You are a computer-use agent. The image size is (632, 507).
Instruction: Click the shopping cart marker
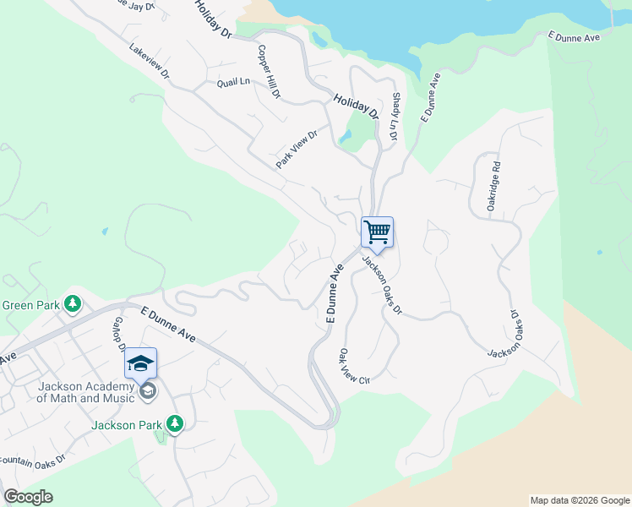click(377, 231)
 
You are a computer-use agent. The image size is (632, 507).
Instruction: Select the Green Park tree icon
click(74, 303)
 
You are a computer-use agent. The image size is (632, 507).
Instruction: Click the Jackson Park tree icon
click(174, 422)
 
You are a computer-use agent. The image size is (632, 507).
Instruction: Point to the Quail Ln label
click(234, 82)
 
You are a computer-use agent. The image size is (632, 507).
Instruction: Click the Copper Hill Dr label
click(269, 72)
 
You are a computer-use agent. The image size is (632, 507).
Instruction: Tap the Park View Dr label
click(296, 149)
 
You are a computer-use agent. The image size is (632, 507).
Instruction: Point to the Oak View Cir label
click(354, 368)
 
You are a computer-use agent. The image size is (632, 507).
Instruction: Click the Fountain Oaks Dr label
click(32, 461)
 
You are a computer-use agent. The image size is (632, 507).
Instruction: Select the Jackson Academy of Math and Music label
click(86, 393)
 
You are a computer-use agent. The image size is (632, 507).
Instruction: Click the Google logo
click(28, 497)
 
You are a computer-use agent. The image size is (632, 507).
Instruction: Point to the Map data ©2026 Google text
click(579, 500)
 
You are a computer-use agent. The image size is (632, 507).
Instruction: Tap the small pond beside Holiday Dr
click(345, 136)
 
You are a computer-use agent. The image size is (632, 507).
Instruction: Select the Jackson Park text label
click(127, 425)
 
